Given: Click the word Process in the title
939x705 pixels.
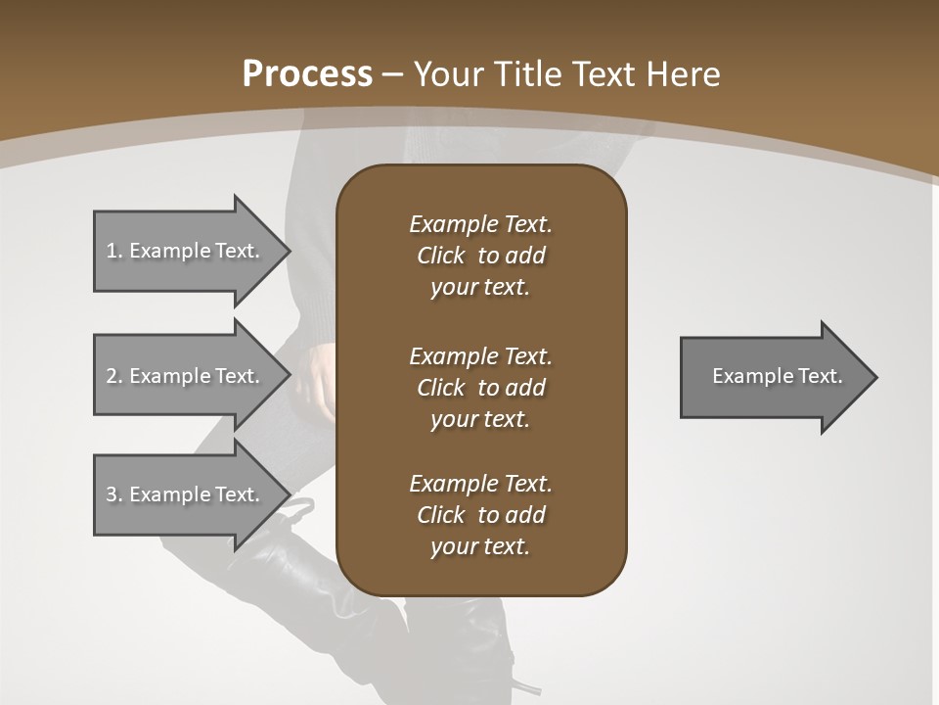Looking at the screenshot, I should [307, 74].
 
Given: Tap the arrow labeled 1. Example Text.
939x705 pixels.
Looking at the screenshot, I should [186, 251].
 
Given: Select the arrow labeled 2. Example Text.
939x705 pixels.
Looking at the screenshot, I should [186, 376].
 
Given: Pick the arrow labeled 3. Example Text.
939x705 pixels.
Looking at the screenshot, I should [186, 494].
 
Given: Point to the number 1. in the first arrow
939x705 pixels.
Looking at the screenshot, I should [113, 251].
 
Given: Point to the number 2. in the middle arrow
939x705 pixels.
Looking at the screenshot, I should [113, 376].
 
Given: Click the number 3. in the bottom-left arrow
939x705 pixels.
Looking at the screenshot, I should [113, 494].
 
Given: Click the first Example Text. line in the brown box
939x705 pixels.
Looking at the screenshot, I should [480, 224].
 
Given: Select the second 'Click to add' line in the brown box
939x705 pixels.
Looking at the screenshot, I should [480, 388].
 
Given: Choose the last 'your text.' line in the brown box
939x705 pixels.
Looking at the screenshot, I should [480, 547].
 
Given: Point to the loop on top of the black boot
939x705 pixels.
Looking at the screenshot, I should [297, 507].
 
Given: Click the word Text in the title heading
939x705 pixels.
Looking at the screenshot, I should [606, 74].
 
